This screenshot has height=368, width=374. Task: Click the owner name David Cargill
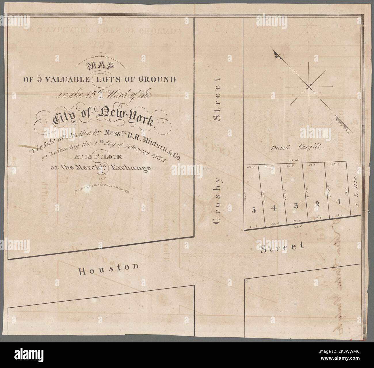click(298, 148)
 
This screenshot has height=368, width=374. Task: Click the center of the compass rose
click(309, 86)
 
